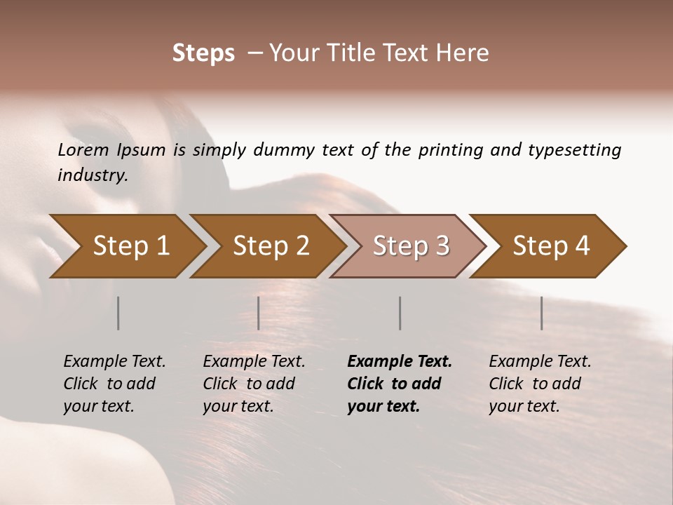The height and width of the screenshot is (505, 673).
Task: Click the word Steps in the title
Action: click(203, 53)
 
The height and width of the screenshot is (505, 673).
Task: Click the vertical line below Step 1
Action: click(118, 313)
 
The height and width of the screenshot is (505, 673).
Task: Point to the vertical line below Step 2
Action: click(259, 313)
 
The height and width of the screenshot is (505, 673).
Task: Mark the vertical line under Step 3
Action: click(400, 313)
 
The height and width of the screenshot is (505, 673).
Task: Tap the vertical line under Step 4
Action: click(542, 313)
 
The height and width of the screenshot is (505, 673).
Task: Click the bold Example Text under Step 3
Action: click(400, 361)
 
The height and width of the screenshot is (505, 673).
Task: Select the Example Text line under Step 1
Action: click(114, 361)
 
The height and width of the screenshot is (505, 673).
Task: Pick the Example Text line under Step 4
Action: click(540, 361)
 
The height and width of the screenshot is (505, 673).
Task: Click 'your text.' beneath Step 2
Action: click(238, 406)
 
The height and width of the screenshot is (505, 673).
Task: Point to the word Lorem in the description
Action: click(83, 150)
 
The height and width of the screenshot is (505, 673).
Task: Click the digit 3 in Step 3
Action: click(442, 246)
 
